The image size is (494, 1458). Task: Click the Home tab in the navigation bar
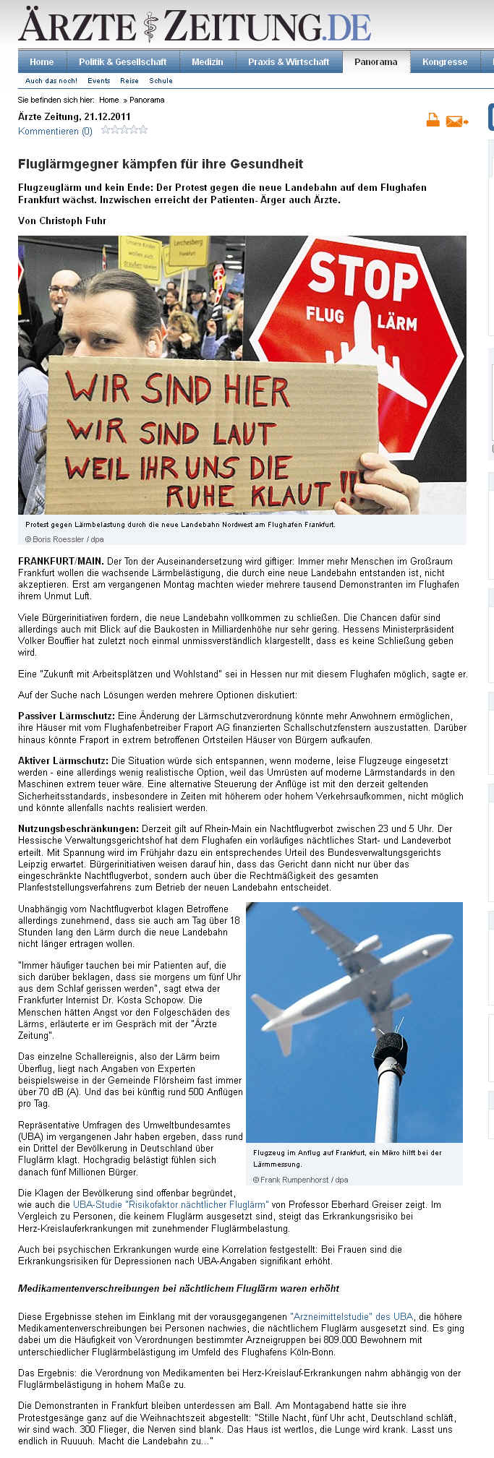(41, 62)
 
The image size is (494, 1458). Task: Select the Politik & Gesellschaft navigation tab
(122, 62)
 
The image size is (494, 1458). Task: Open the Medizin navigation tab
(207, 62)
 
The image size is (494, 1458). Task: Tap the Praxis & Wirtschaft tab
(288, 62)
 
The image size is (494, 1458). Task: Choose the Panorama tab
(375, 62)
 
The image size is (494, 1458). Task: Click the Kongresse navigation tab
(444, 62)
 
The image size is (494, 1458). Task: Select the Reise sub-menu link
(129, 81)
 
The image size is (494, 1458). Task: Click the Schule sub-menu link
(161, 81)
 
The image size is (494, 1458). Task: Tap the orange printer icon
(433, 120)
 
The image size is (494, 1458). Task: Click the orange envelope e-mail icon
(456, 121)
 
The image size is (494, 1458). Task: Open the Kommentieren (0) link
(55, 132)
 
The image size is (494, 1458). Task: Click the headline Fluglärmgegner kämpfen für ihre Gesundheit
(161, 164)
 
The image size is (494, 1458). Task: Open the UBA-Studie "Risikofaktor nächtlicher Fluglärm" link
(171, 1205)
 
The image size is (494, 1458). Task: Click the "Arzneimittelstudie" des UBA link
(352, 1316)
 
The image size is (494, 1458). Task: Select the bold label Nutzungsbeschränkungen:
(78, 828)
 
